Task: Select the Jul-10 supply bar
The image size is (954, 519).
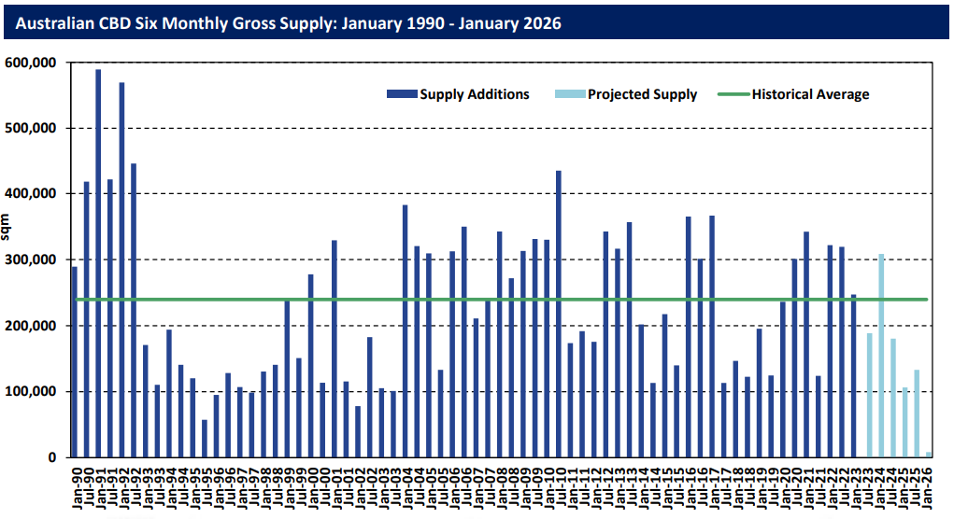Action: pyautogui.click(x=558, y=314)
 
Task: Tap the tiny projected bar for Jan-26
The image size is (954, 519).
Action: pyautogui.click(x=929, y=455)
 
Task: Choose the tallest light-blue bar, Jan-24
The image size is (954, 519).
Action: pyautogui.click(x=881, y=356)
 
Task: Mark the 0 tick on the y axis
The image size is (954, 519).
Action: pyautogui.click(x=55, y=457)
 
